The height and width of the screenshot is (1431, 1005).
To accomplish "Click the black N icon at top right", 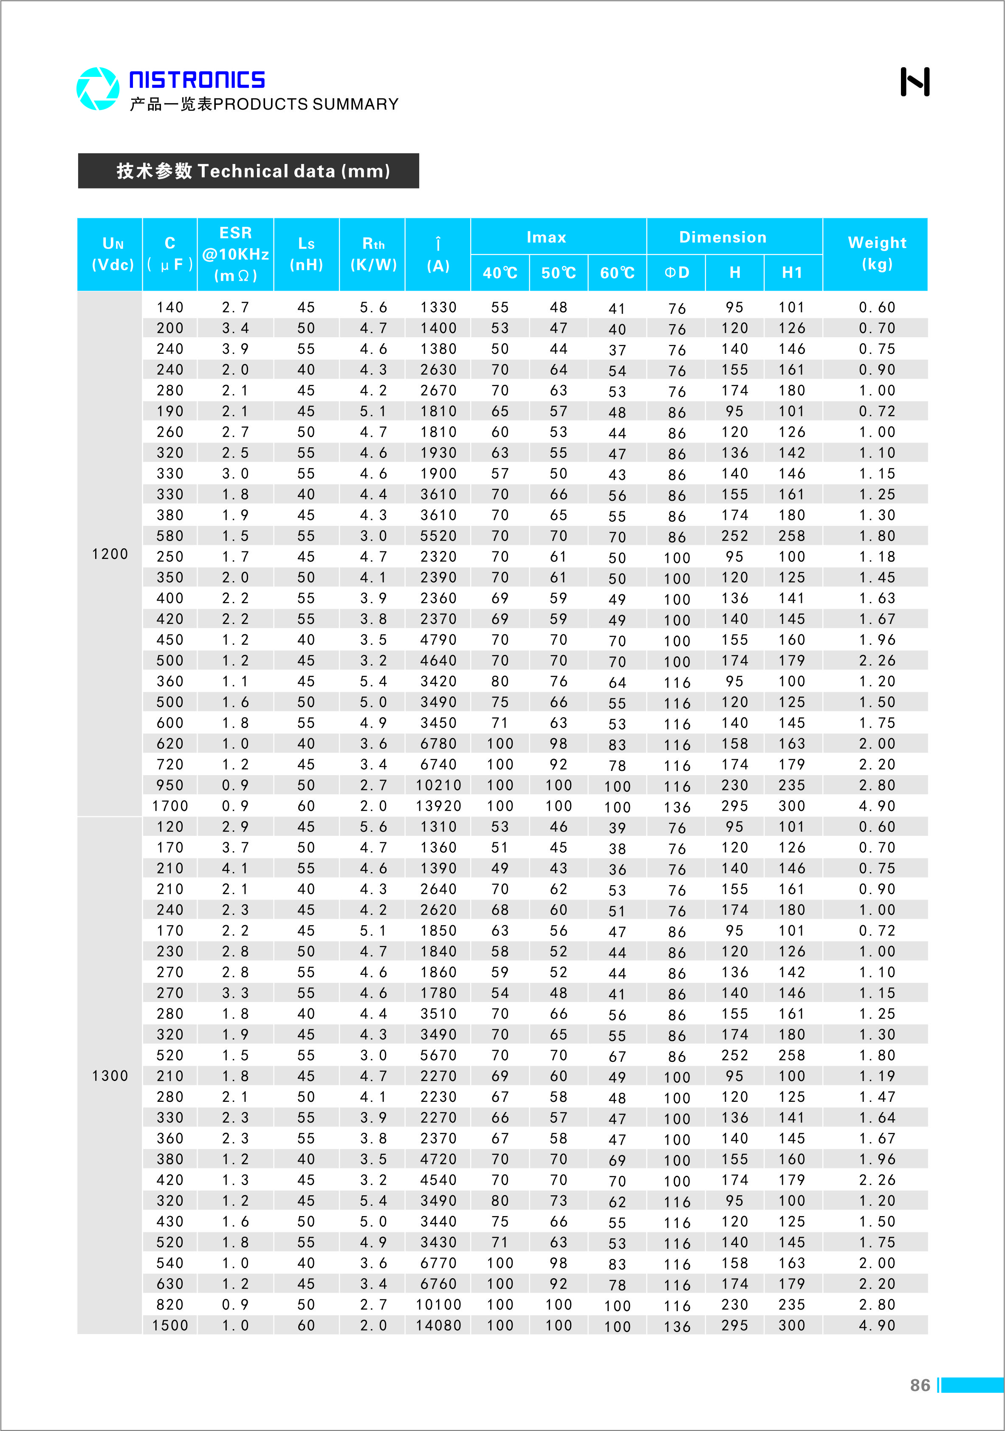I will [915, 82].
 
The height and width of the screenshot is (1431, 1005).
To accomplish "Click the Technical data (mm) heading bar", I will [248, 171].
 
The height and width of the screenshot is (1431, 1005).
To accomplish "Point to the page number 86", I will [920, 1385].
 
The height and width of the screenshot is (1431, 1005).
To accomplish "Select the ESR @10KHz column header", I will [235, 254].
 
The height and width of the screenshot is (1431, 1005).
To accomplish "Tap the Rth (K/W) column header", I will [373, 254].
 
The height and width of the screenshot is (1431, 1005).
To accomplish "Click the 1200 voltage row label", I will [110, 554].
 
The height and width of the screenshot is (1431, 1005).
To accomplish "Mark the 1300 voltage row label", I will [110, 1076].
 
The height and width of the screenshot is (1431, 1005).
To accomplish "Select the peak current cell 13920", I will [438, 806].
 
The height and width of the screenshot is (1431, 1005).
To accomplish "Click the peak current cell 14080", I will [438, 1325].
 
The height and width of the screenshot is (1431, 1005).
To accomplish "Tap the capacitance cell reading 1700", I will [169, 806].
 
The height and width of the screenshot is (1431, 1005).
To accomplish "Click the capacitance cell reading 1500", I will [169, 1325].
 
